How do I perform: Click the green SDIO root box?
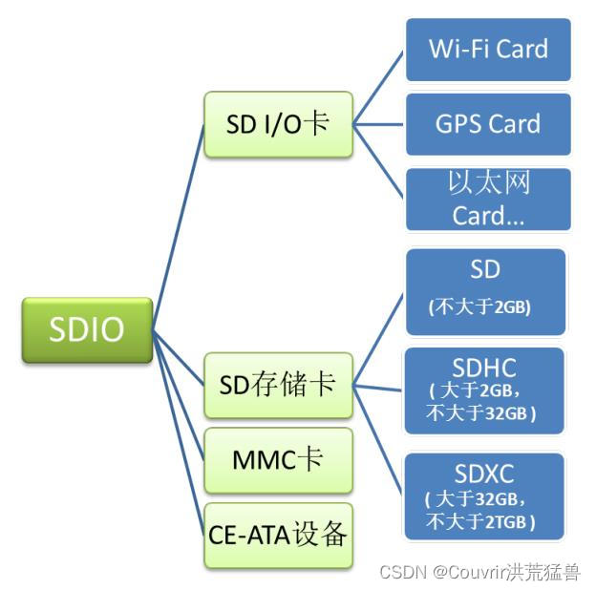tap(87, 329)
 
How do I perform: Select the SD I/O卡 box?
tap(279, 124)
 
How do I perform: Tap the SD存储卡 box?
tap(278, 384)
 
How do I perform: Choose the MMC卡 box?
tap(278, 459)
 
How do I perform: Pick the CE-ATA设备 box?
tap(278, 535)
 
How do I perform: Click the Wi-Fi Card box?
tap(488, 49)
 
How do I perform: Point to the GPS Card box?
tap(488, 124)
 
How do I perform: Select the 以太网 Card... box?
tap(488, 200)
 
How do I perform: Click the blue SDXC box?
tap(484, 495)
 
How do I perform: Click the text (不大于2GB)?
tap(479, 307)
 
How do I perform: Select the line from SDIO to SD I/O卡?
tap(179, 227)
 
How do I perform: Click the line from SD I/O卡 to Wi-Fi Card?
tap(379, 87)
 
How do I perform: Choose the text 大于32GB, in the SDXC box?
tap(477, 499)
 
